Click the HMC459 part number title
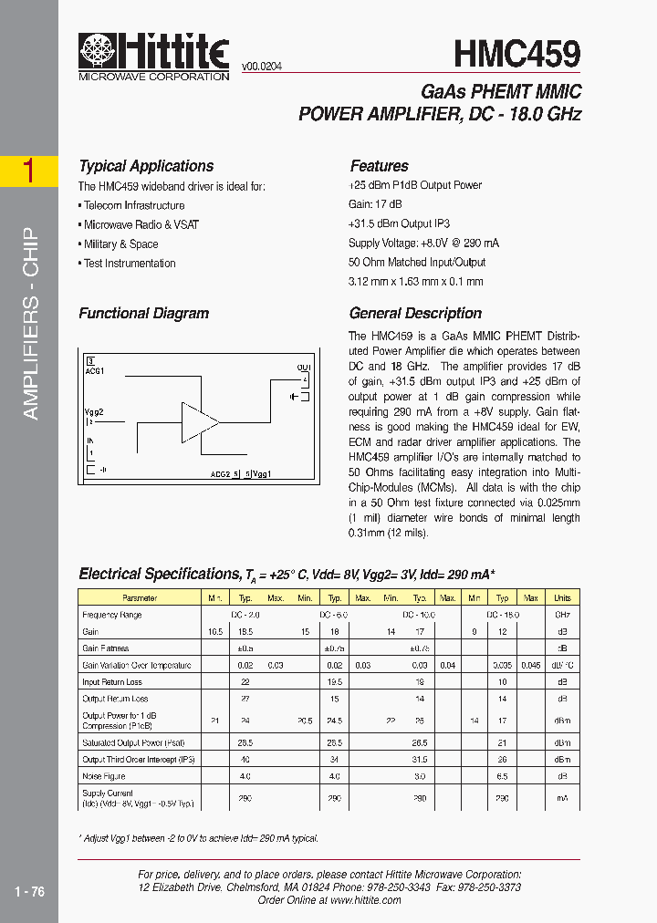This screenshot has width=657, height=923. (517, 54)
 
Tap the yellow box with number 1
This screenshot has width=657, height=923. (29, 171)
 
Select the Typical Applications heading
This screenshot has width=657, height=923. (146, 166)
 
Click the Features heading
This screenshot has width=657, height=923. (379, 166)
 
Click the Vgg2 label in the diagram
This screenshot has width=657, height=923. (95, 412)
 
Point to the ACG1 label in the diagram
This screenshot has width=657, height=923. (95, 371)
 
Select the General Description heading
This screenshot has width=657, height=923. (415, 313)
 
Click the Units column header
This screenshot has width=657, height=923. (562, 598)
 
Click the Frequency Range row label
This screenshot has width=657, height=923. (112, 616)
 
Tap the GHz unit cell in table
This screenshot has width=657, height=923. (562, 616)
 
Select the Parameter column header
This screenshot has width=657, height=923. (140, 598)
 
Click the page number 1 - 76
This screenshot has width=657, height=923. (29, 892)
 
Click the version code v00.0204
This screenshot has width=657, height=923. (263, 66)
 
